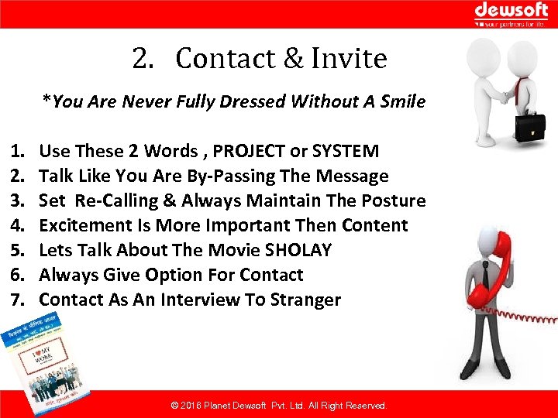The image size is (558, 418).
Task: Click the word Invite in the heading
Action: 349,59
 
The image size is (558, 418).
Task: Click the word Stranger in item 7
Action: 305,300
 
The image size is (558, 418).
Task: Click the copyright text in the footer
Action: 278,406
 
